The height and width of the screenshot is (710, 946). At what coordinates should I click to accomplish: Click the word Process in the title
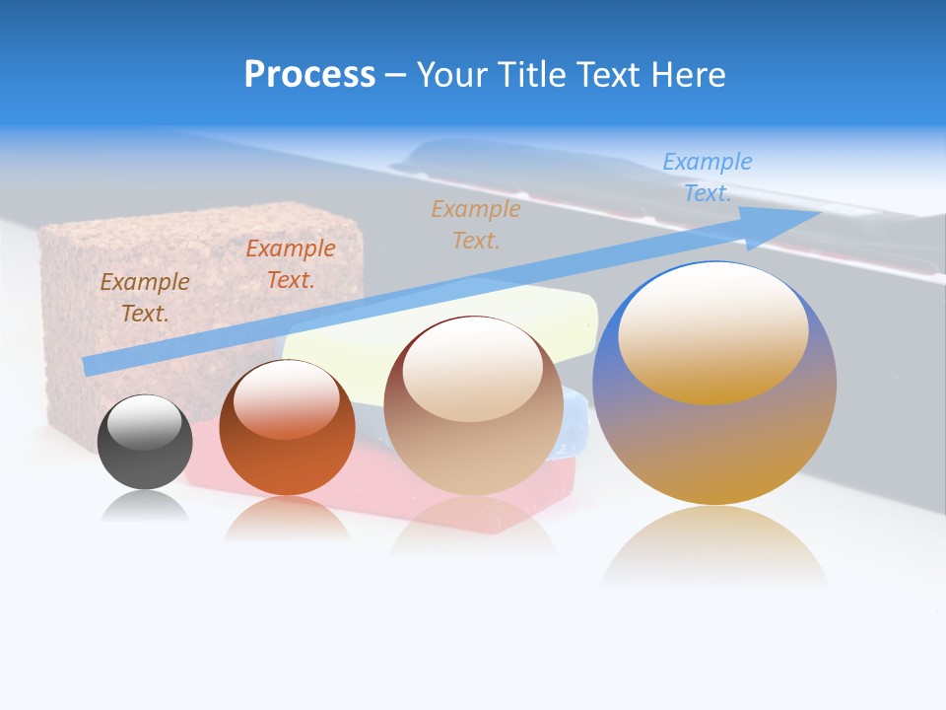tap(309, 75)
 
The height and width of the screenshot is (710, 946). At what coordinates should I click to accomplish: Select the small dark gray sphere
tap(145, 442)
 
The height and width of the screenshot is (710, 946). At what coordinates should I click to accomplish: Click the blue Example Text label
tap(707, 177)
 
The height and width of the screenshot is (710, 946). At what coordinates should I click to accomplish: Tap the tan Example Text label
tap(475, 224)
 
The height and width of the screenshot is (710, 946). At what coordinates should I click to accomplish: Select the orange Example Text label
tap(290, 264)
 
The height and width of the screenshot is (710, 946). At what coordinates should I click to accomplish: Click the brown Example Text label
tap(144, 298)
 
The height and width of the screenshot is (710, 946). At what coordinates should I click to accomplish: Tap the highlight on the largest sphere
tap(712, 330)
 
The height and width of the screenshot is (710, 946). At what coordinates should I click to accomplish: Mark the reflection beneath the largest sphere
tap(714, 547)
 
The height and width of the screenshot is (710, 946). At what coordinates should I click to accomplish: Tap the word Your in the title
tap(454, 75)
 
